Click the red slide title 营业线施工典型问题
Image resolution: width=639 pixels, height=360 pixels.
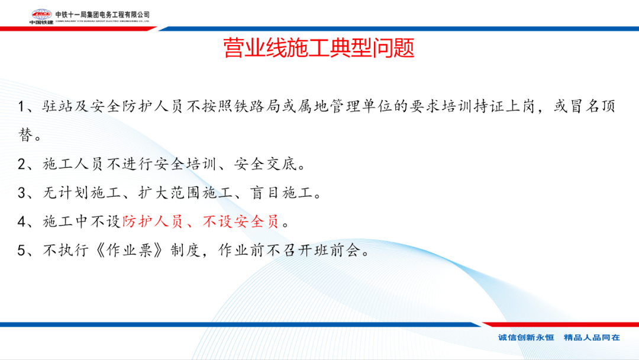tap(319, 48)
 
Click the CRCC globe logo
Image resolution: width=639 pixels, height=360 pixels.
tap(41, 14)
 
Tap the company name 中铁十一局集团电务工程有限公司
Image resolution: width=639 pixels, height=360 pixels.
tap(102, 15)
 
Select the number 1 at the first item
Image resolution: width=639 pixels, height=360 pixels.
tap(21, 107)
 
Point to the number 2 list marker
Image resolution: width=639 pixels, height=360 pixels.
tap(22, 164)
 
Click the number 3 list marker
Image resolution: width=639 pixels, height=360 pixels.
tap(22, 193)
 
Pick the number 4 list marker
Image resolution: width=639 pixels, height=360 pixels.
tap(22, 222)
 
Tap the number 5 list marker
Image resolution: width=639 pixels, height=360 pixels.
tap(22, 250)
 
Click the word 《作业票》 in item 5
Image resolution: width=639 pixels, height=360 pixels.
tap(130, 250)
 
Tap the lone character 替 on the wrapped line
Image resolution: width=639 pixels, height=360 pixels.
tap(25, 134)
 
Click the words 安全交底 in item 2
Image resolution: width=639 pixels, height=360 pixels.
tap(266, 164)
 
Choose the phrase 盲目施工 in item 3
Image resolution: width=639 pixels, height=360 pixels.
tap(282, 192)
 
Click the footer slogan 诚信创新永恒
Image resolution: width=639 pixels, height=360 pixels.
tap(526, 337)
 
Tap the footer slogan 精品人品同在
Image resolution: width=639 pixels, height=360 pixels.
tap(592, 337)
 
